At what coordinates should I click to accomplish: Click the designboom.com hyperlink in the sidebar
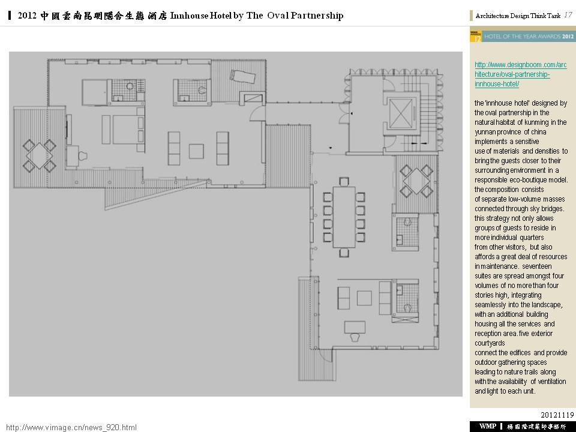(521, 74)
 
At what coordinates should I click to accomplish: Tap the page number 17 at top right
(568, 15)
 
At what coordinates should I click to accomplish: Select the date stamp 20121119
(557, 415)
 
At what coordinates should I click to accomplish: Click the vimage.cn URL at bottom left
(71, 427)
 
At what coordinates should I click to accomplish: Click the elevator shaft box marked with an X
(400, 113)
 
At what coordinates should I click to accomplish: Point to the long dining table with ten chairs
(344, 217)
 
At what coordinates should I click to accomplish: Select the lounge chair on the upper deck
(242, 76)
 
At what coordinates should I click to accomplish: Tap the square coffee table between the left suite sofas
(197, 151)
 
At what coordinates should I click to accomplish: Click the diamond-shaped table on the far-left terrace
(40, 155)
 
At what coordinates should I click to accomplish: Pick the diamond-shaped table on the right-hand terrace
(416, 181)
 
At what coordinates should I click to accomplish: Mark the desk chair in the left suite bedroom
(83, 156)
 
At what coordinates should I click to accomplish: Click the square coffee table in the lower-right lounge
(364, 298)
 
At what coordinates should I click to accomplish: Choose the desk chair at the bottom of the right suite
(355, 337)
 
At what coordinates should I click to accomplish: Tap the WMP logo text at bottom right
(487, 426)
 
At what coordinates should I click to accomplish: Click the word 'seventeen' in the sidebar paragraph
(536, 266)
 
